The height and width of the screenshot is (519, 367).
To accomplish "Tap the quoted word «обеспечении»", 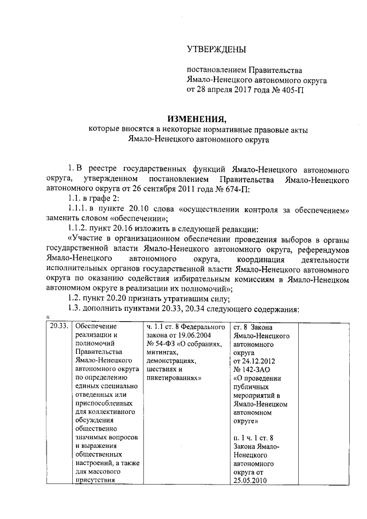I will click(x=127, y=220).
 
